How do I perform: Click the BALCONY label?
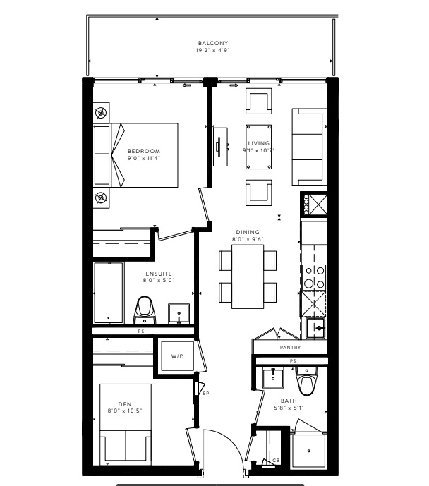point(213,43)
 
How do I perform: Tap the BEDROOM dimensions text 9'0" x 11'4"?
point(144,158)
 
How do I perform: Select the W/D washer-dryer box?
point(178,356)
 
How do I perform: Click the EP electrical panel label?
point(206,394)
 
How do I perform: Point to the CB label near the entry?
point(276,461)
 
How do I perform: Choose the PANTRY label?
point(290,348)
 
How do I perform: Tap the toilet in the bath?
point(306,382)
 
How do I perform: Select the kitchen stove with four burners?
point(314,277)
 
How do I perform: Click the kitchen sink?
point(315,328)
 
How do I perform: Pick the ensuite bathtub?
point(109,293)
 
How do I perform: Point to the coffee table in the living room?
point(259,147)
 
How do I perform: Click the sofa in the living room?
point(309,147)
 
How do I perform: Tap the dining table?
point(248,277)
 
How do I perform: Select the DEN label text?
point(125,404)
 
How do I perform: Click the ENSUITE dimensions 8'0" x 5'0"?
point(159,280)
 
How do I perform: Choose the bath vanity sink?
point(273,378)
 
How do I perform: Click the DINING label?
point(248,232)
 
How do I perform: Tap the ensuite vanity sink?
point(179,314)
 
